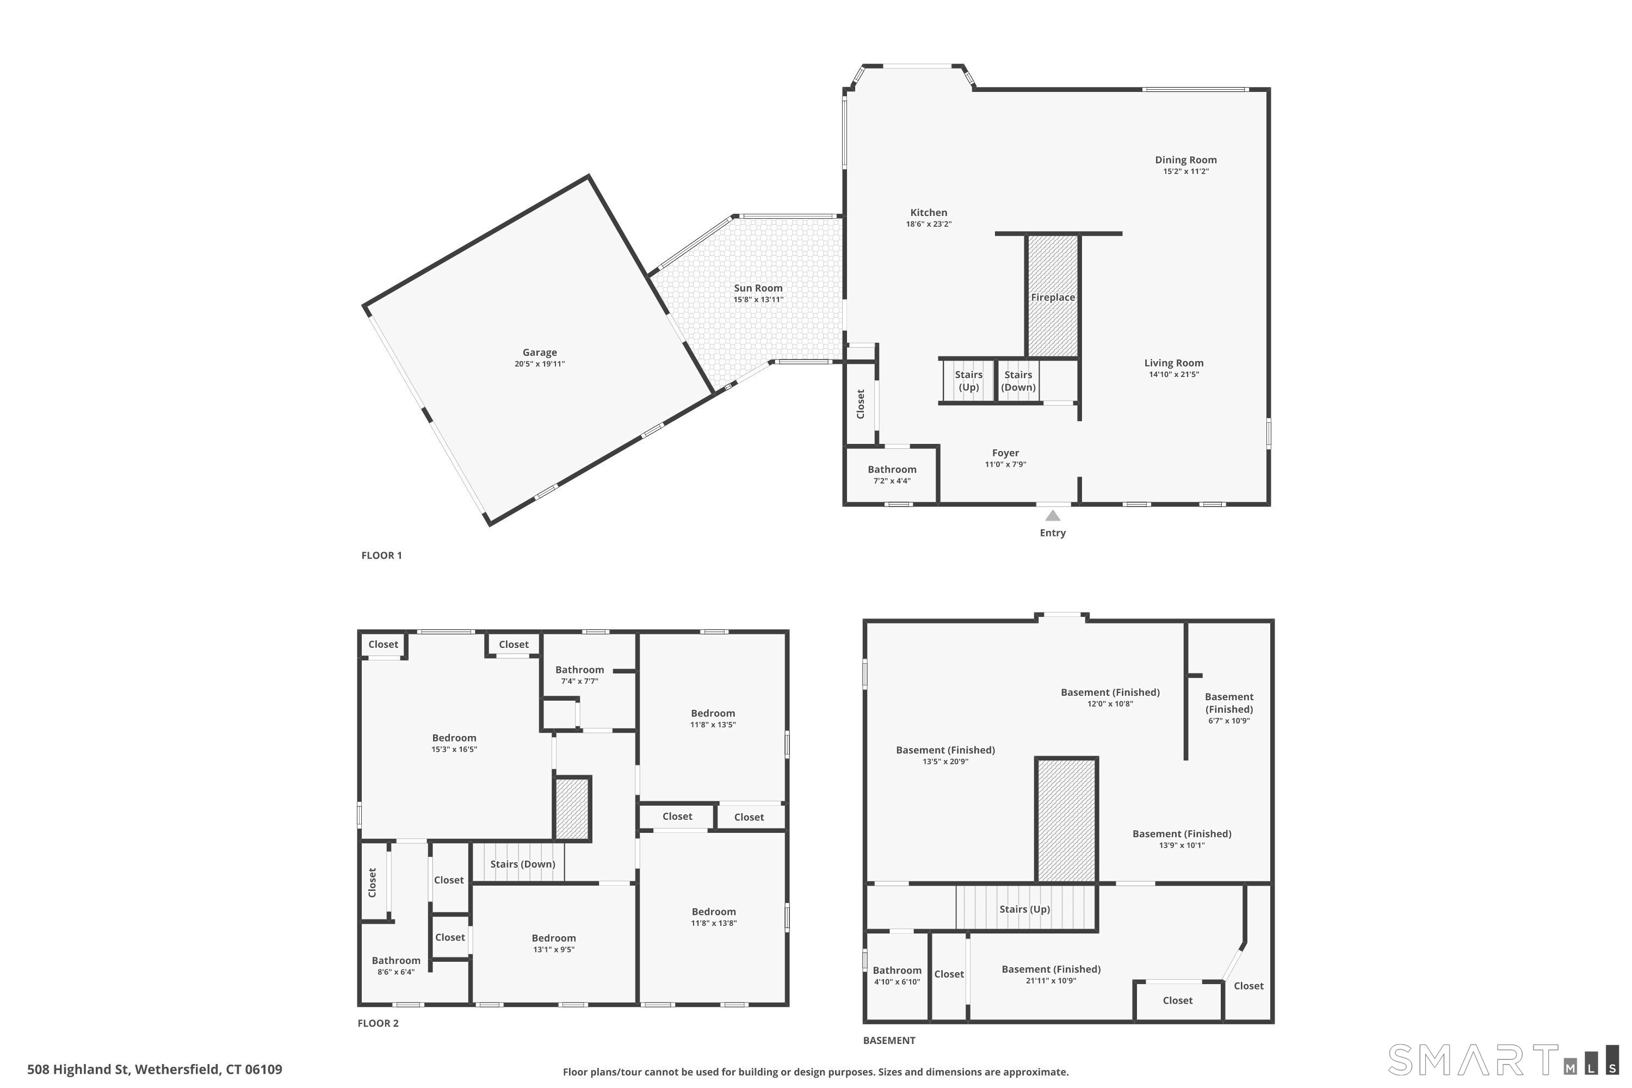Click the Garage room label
coord(539,353)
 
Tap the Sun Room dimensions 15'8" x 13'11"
coord(758,300)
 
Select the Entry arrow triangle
coord(1053,516)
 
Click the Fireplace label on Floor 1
coord(1053,298)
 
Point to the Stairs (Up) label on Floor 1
coord(969,381)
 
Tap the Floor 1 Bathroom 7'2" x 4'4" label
coord(892,470)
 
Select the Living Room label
coord(1173,363)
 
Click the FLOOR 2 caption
coord(378,1023)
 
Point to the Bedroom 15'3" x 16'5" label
coord(454,738)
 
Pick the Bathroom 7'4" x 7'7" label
coord(579,670)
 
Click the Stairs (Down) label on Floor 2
coord(522,864)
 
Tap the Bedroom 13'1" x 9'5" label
coord(553,938)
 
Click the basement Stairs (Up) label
coord(1024,909)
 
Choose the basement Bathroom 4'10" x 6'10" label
coord(897,970)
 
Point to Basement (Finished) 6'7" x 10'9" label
coord(1228,703)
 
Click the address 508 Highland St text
coord(154,1070)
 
